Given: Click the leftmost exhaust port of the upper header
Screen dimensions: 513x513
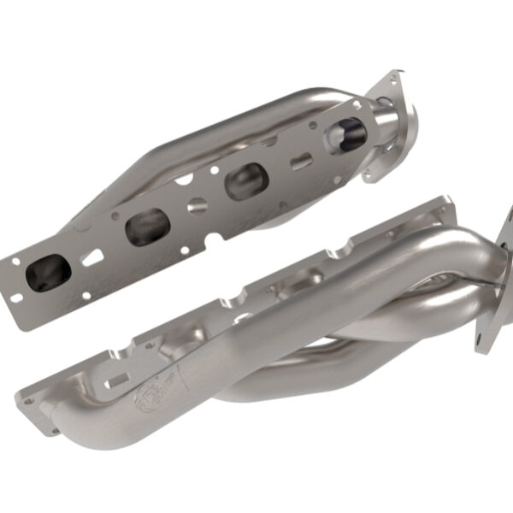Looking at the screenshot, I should click(x=49, y=272).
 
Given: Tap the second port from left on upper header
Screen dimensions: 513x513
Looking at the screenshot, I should click(x=148, y=227).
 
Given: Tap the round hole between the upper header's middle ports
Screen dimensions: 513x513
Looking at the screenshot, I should click(x=197, y=205).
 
